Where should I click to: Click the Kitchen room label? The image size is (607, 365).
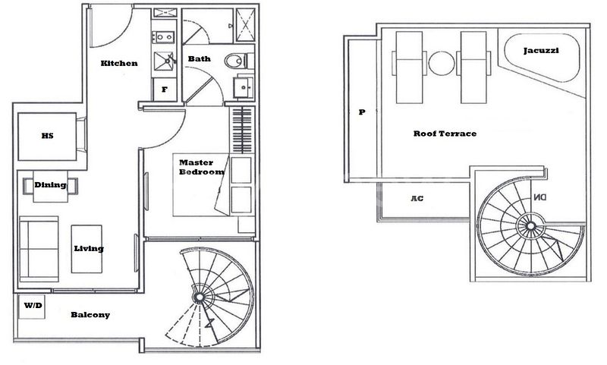tap(119, 63)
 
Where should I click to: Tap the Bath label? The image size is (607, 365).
tap(200, 58)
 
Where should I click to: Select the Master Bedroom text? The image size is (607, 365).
tap(201, 167)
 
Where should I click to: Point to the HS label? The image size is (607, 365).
tap(47, 137)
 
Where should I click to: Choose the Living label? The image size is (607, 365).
tap(89, 248)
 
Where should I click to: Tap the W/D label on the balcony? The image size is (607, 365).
tap(33, 306)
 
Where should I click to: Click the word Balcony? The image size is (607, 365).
tap(90, 315)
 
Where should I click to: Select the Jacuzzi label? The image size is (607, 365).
tap(542, 51)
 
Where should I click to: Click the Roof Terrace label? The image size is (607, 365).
tap(445, 134)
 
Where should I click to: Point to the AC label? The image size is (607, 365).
tap(416, 199)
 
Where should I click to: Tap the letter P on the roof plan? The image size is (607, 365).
tap(362, 112)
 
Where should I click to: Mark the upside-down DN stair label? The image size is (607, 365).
tap(539, 197)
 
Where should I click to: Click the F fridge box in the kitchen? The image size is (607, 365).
tap(164, 90)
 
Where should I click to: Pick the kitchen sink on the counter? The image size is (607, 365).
tap(165, 61)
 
